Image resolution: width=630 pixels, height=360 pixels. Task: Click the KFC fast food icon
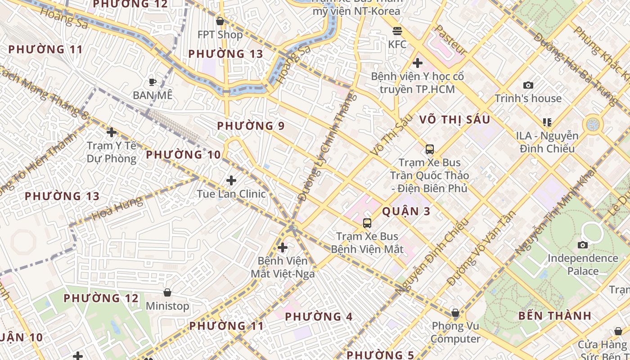(397, 31)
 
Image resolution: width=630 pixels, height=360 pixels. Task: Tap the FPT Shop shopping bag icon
(220, 21)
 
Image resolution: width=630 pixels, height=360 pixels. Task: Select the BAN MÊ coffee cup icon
(153, 82)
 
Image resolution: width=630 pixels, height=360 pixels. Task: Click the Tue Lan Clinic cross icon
(231, 180)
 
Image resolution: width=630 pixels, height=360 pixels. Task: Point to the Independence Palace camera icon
(583, 245)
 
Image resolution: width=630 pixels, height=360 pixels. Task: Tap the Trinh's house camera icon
(528, 85)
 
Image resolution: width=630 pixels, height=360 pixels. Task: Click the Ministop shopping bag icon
(167, 292)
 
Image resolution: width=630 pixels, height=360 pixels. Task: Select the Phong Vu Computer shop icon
(455, 313)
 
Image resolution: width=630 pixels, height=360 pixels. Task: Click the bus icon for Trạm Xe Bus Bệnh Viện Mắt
(367, 223)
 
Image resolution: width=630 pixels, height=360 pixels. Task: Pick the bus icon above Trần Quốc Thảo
(430, 149)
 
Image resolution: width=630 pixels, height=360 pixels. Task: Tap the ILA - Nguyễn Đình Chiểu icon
(547, 122)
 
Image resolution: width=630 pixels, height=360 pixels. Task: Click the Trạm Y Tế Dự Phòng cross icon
(112, 132)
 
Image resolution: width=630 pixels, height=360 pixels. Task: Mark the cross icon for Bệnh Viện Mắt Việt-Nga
(283, 247)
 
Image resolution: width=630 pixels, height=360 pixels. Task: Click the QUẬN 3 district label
(406, 211)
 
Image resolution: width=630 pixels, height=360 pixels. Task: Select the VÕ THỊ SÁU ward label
(454, 120)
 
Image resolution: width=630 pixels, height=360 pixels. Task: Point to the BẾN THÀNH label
(554, 315)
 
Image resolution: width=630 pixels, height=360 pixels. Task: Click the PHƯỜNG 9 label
(251, 126)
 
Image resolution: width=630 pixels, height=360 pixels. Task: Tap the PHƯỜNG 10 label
(184, 155)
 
